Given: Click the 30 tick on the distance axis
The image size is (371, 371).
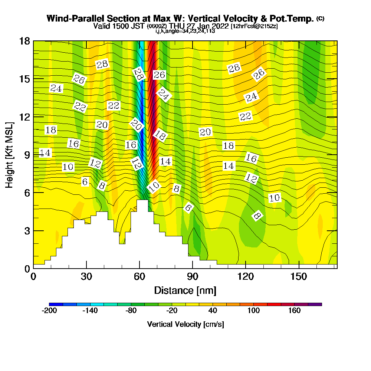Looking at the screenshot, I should point(86,276).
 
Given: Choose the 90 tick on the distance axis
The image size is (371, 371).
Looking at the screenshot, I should point(193,276).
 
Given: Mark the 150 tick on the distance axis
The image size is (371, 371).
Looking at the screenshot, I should point(299,276).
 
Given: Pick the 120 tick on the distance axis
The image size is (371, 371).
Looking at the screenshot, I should point(246,276).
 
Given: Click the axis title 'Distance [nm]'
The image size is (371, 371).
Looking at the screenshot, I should point(185,290).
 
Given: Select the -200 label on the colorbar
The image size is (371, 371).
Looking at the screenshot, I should point(49,311).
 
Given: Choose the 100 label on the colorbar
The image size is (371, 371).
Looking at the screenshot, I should point(254,311).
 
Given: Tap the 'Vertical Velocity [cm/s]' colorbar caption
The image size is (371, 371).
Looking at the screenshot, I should point(185,324).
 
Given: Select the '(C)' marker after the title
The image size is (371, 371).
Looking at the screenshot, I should point(320,19).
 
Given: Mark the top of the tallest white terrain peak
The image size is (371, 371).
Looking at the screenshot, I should point(142,201).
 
